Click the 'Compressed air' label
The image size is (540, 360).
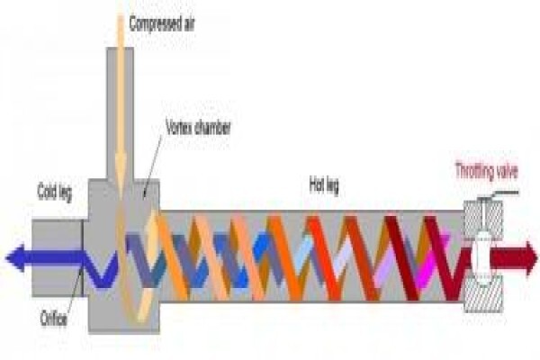click(x=162, y=24)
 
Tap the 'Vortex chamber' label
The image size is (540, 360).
click(x=198, y=128)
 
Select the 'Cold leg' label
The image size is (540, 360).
click(x=55, y=193)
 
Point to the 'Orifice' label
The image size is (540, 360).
click(x=53, y=319)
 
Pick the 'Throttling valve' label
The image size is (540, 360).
click(x=487, y=171)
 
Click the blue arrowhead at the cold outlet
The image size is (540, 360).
click(x=15, y=258)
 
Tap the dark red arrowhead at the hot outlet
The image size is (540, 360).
click(x=530, y=258)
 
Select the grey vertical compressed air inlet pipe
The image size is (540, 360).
click(x=120, y=113)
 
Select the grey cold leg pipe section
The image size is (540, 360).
click(x=58, y=257)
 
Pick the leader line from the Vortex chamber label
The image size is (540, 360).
click(x=153, y=166)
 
